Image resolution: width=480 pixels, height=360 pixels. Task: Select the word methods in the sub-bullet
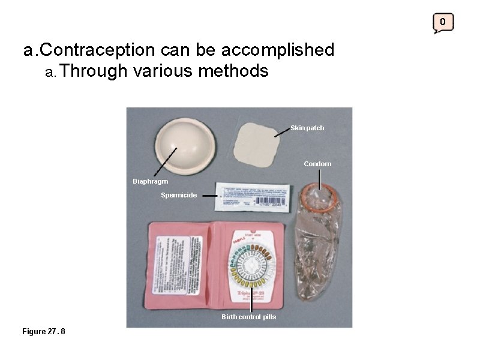click(233, 71)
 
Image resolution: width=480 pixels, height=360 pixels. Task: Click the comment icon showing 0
click(443, 23)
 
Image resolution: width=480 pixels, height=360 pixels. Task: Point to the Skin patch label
click(307, 128)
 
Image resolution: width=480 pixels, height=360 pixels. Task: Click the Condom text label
click(317, 164)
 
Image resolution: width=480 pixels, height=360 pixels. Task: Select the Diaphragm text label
click(151, 181)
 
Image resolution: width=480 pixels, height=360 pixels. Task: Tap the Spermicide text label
click(179, 195)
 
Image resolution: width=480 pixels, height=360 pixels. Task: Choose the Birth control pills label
click(248, 317)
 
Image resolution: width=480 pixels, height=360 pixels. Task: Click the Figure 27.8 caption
click(44, 331)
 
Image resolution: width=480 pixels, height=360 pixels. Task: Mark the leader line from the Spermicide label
click(208, 195)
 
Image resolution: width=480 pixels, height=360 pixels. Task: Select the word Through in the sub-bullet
click(94, 71)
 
